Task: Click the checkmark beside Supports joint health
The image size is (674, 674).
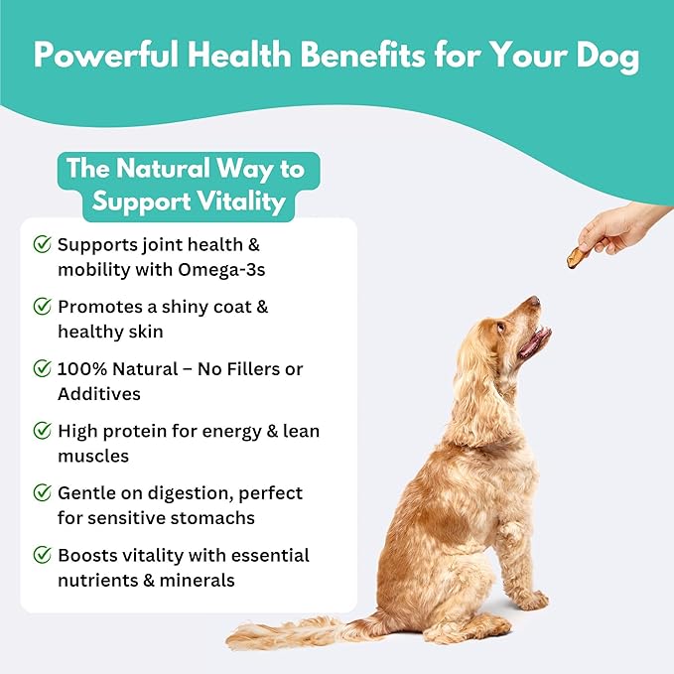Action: click(x=43, y=244)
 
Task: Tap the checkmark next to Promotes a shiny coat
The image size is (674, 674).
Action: click(x=43, y=307)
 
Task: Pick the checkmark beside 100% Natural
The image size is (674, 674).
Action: click(x=43, y=369)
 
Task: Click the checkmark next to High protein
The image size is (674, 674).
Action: click(x=43, y=431)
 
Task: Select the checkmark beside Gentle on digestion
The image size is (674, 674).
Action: click(x=43, y=493)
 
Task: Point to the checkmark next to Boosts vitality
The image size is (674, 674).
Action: click(x=43, y=555)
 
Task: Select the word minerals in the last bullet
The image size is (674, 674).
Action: click(x=198, y=580)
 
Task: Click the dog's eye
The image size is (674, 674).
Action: click(x=502, y=324)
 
